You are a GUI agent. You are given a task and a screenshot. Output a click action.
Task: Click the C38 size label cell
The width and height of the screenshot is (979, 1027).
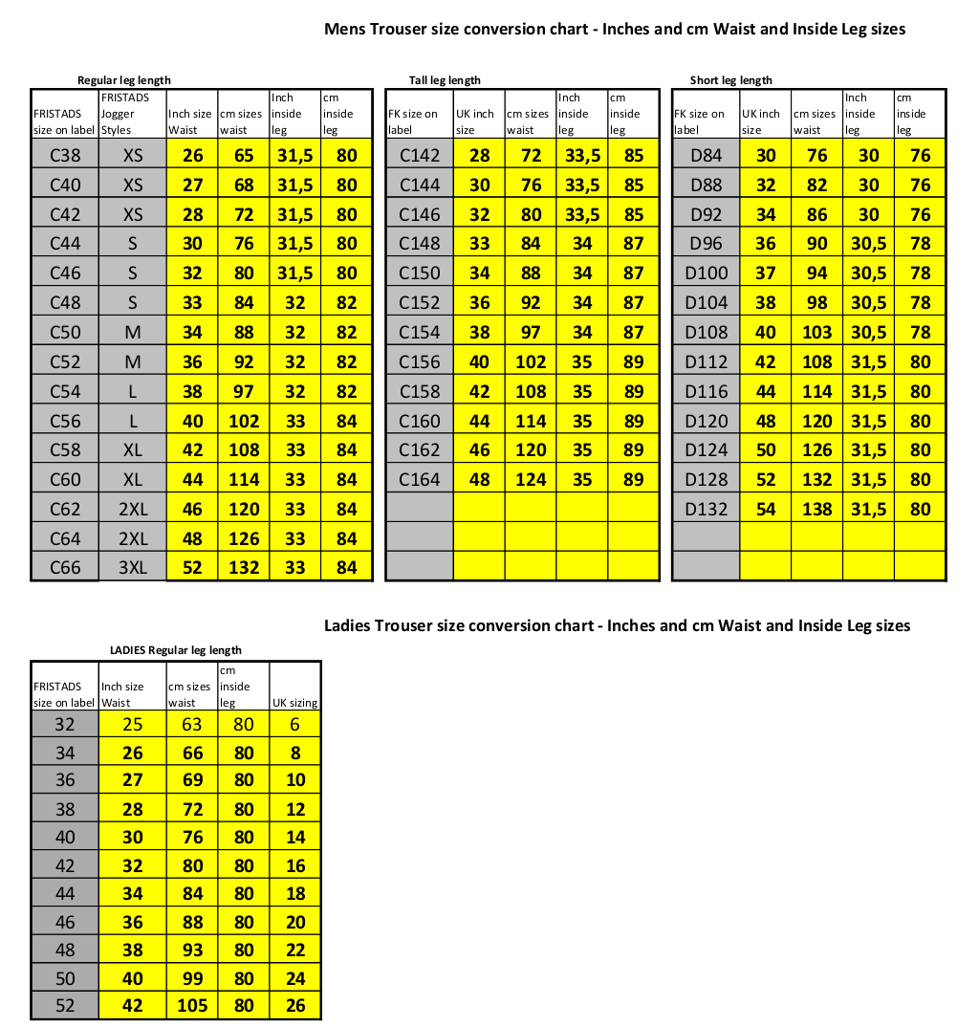[x=65, y=155]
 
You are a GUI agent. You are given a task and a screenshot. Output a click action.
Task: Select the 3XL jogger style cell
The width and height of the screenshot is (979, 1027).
[x=132, y=567]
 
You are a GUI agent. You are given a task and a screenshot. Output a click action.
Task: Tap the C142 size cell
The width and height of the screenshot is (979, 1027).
[x=419, y=155]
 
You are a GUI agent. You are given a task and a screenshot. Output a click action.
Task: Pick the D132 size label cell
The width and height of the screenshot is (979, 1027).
[x=706, y=509]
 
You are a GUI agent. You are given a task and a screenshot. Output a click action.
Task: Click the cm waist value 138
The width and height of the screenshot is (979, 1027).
[x=816, y=509]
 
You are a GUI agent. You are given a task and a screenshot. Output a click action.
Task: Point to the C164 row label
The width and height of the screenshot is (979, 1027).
[x=419, y=479]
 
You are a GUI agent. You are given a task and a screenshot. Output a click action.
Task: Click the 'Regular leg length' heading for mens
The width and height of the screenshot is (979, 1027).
[x=124, y=80]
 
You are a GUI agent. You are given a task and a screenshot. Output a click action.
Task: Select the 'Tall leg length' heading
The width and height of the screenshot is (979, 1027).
[x=445, y=80]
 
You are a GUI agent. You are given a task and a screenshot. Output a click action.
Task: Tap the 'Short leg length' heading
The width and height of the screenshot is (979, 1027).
[x=730, y=80]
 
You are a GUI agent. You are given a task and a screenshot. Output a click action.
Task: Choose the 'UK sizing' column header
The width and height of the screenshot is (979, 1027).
[x=295, y=702]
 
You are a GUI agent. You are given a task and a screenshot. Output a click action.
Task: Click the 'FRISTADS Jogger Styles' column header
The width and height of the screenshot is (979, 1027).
[x=132, y=113]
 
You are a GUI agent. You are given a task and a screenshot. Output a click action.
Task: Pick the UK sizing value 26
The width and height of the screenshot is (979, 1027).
[x=295, y=1005]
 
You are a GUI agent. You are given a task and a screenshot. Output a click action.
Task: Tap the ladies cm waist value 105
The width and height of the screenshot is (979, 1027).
[x=192, y=1005]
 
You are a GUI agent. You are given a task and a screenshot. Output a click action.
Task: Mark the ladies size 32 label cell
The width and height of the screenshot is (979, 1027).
[x=64, y=724]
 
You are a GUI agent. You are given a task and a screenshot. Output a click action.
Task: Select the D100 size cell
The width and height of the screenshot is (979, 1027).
[x=706, y=273]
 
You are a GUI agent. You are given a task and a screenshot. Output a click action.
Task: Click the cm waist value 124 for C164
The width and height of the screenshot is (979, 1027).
[x=530, y=479]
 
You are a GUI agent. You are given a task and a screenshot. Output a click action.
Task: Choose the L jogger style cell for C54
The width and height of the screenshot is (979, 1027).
[x=132, y=390]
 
